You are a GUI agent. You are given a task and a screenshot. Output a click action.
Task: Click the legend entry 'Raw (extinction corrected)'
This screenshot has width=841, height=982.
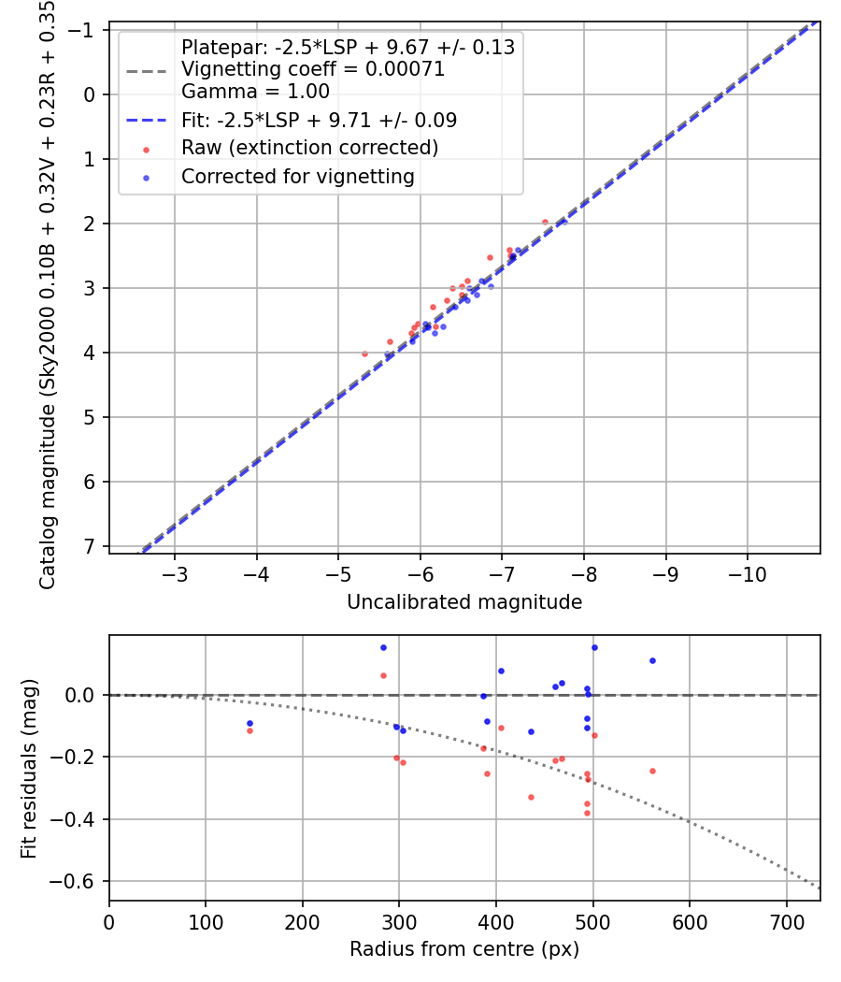click(x=309, y=148)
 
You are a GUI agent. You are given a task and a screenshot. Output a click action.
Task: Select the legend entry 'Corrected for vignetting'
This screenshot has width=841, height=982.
click(x=298, y=176)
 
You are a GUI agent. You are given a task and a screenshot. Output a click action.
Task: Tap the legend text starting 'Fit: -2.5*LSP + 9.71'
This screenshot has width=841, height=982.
click(x=319, y=120)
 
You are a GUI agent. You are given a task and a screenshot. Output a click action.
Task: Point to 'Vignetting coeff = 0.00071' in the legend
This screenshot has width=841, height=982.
click(x=313, y=69)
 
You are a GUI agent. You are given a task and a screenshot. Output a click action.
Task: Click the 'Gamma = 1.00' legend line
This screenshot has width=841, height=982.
click(x=255, y=92)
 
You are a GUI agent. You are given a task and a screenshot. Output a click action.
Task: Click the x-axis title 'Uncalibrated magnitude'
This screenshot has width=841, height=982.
click(x=464, y=602)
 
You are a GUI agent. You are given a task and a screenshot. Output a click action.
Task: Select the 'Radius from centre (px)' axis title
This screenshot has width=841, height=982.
click(x=464, y=949)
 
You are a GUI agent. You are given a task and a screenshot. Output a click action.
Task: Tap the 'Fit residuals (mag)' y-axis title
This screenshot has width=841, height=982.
click(x=29, y=768)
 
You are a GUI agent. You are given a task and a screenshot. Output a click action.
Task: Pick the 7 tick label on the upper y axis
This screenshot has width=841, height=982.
click(x=90, y=546)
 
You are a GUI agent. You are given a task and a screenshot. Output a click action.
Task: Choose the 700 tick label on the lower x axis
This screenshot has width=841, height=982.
click(x=786, y=920)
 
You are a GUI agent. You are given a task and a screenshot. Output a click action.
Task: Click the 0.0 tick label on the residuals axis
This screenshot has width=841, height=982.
click(x=82, y=695)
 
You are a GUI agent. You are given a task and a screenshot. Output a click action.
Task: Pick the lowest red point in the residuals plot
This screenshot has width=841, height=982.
click(x=587, y=813)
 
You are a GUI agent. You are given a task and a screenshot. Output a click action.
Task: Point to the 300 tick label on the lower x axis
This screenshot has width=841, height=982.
click(x=399, y=920)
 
